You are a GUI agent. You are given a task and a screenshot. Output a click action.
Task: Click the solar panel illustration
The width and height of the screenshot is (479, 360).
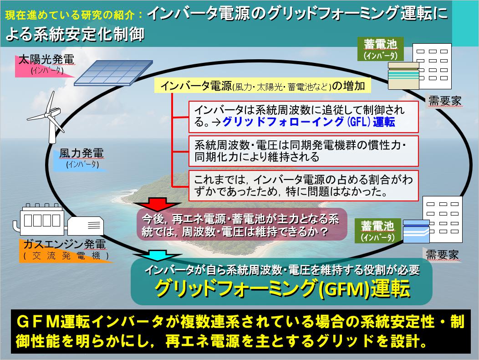tap(113, 73)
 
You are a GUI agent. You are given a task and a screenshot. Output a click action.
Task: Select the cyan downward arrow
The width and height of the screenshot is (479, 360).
tap(157, 255)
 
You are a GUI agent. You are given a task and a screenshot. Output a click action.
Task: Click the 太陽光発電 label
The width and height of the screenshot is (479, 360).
tap(46, 59)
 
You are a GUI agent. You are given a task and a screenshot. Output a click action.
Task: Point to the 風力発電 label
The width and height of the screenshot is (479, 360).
tap(81, 153)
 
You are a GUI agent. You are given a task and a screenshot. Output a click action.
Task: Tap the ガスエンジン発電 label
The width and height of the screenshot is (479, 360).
tap(65, 244)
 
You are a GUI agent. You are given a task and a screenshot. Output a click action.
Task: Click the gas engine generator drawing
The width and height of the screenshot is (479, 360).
tap(58, 220)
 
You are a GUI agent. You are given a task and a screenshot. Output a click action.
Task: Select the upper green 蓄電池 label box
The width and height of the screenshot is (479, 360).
tap(380, 49)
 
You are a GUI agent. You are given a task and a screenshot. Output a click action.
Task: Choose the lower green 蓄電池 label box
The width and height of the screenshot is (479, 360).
tap(377, 231)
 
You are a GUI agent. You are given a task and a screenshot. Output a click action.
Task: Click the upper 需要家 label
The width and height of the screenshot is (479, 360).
tap(445, 101)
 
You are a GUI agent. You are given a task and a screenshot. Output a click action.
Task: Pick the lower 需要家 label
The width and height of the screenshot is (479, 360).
tap(442, 254)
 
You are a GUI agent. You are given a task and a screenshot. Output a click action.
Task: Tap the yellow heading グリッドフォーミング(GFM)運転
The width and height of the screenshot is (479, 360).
tap(282, 288)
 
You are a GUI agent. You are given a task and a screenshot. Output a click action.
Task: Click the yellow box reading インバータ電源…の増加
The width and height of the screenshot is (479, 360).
tap(262, 86)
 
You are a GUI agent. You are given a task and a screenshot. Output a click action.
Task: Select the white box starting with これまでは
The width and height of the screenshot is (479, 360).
tap(303, 185)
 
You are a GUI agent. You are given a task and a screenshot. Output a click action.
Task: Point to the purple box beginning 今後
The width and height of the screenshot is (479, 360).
tap(242, 225)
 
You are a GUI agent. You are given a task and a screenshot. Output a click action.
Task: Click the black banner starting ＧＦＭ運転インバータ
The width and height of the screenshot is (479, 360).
tap(240, 332)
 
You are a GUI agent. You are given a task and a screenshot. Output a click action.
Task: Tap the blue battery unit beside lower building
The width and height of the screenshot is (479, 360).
tap(416, 231)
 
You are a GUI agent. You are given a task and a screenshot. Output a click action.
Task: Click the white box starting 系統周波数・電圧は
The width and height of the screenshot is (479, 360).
tap(303, 151)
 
